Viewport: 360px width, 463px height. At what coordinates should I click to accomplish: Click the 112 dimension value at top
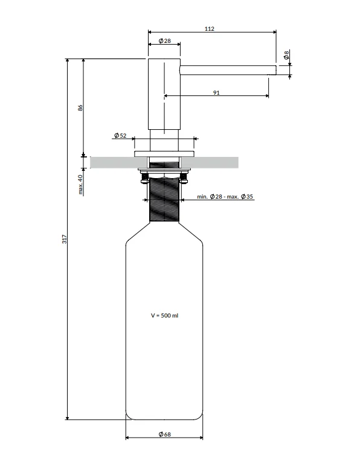coord(209,28)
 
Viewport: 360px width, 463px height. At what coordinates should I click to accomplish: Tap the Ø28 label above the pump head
coord(165,41)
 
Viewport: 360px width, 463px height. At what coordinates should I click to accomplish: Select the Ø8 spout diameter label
coord(286,55)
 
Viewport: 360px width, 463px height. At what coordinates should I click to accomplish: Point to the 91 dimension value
coord(216,93)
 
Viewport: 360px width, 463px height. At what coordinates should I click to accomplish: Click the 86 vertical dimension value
coord(80,108)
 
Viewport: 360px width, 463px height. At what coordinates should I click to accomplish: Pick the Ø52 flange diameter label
coord(120,136)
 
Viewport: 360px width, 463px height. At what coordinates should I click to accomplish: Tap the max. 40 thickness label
coord(80,184)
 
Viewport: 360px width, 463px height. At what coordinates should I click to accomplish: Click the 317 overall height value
coord(65,239)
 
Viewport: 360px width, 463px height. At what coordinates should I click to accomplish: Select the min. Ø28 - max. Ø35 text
coord(225,196)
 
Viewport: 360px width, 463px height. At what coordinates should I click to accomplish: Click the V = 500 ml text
coord(165,315)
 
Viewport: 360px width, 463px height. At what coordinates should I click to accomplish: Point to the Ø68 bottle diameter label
coord(165,434)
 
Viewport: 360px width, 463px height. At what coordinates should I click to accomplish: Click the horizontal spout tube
coord(228,70)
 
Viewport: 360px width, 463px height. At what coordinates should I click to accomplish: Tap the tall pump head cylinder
coord(164,94)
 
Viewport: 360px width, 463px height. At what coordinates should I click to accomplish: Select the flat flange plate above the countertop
coord(164,154)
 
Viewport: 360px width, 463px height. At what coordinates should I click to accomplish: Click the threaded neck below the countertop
coord(164,199)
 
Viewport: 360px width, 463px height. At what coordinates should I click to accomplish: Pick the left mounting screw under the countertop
coord(144,178)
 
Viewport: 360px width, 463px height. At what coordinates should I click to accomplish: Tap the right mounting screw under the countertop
coord(184,178)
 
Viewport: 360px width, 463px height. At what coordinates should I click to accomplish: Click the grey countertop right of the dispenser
coord(210,163)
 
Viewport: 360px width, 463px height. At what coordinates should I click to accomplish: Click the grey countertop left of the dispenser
coord(118,163)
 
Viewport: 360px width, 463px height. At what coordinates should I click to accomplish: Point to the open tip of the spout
coord(277,70)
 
